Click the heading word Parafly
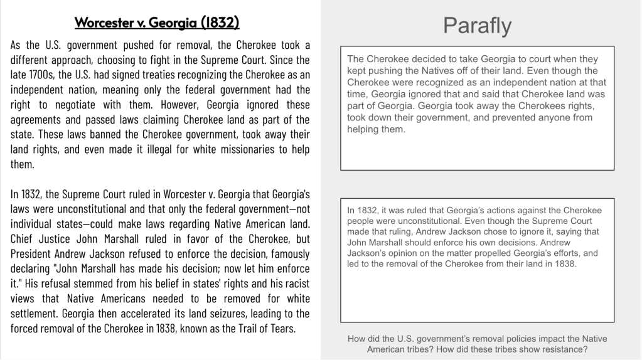[x=477, y=26]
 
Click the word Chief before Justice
[x=23, y=239]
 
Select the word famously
[x=287, y=253]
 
